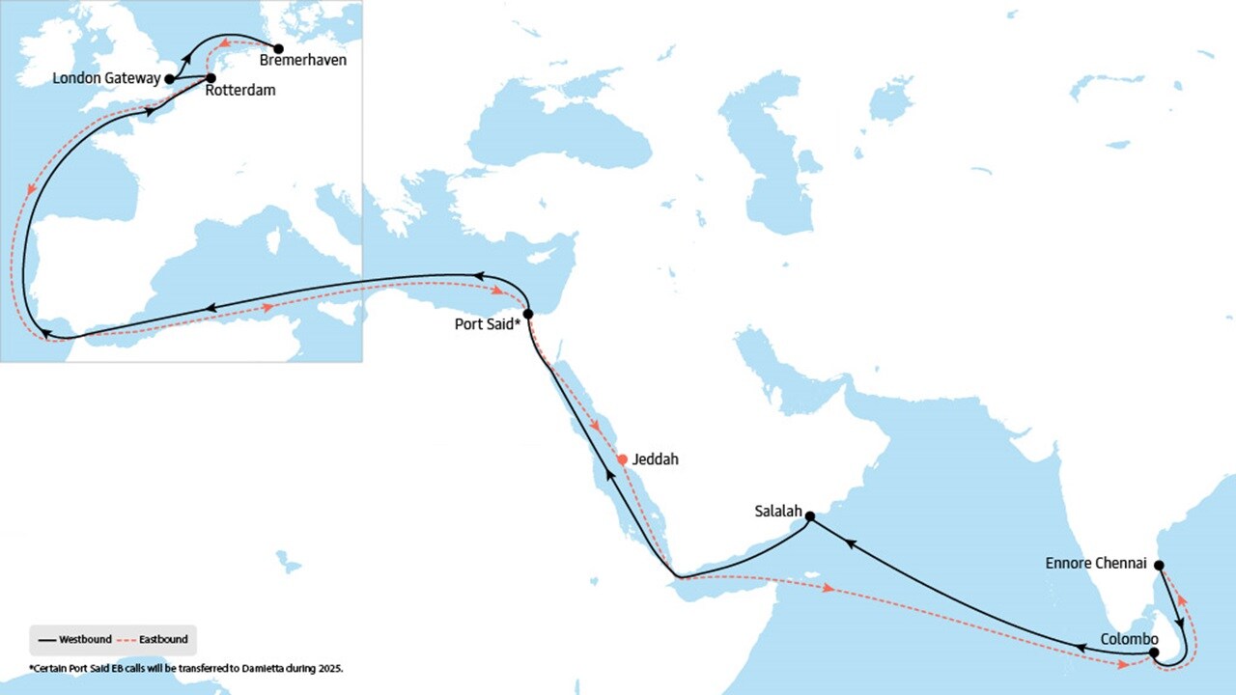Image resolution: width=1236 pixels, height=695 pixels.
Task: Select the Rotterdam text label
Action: [x=240, y=91]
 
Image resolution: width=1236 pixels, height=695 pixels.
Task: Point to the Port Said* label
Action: [x=488, y=324]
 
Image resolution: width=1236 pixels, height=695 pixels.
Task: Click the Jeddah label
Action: [x=655, y=459]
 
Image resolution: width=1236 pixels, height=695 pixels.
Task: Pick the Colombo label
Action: [x=1129, y=639]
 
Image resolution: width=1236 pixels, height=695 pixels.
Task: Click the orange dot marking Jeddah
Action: [x=623, y=459]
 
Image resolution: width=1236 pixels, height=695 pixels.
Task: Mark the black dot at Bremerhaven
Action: [x=279, y=48]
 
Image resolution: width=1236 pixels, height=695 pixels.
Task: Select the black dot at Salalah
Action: [x=810, y=516]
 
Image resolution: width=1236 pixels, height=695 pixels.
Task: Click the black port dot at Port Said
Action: [x=528, y=314]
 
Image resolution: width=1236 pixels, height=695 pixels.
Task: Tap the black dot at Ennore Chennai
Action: [x=1160, y=566]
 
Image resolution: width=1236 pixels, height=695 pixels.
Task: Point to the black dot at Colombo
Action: [x=1155, y=653]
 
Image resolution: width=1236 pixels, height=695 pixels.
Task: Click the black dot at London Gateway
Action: [x=170, y=79]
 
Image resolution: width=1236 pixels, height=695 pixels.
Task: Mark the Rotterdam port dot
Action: [x=211, y=77]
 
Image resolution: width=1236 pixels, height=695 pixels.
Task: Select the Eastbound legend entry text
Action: [x=164, y=639]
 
